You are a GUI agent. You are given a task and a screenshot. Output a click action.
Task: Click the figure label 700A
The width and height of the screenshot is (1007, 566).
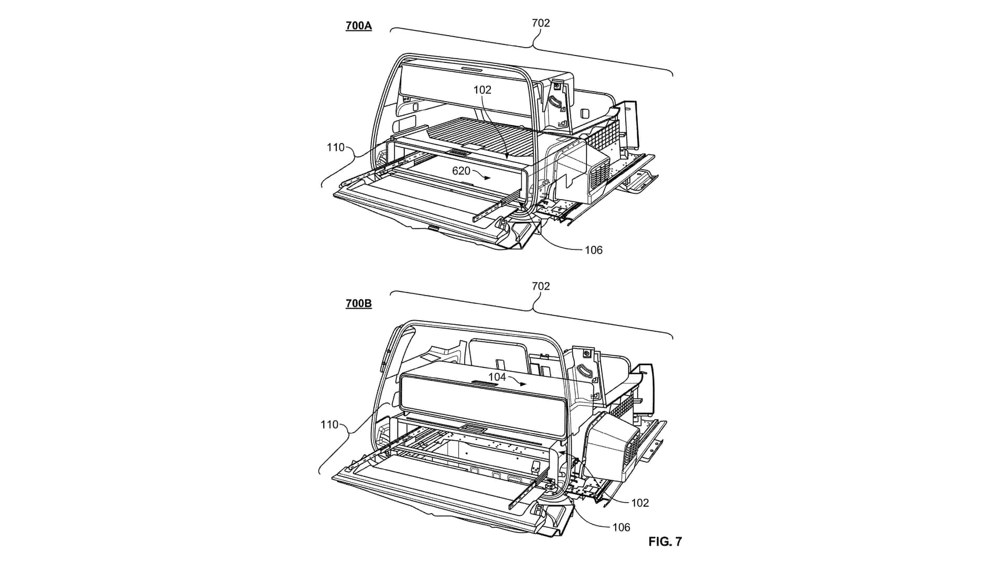coord(359,26)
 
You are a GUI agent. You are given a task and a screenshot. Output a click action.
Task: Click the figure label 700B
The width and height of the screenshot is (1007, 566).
coord(359,303)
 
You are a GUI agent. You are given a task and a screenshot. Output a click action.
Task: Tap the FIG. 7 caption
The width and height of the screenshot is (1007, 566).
coord(665,542)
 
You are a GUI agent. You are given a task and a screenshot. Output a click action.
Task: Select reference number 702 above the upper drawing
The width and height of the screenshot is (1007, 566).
coord(541,23)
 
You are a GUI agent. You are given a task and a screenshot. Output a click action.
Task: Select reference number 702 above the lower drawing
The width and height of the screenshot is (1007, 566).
coord(541,286)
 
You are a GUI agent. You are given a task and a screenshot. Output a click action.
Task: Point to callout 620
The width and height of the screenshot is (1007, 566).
coord(462,171)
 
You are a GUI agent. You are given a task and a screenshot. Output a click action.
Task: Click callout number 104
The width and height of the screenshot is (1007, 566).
coord(497,377)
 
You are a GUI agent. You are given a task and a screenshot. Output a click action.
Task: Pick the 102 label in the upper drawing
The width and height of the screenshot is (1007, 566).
coord(482,90)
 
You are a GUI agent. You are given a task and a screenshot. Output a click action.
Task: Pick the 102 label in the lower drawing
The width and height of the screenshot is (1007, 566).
coord(640,503)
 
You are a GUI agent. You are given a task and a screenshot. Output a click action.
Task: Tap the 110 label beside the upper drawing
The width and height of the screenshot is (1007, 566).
coord(336,148)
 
